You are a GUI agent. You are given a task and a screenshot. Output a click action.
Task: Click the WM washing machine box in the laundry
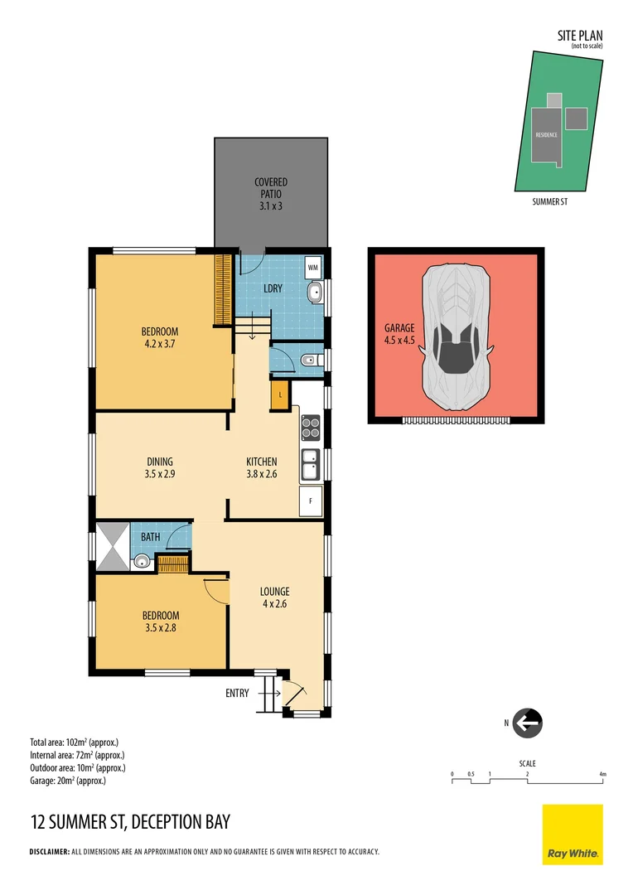coord(312,268)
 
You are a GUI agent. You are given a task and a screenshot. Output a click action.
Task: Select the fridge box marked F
coord(311,501)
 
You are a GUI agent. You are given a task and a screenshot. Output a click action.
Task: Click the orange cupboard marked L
coord(281,394)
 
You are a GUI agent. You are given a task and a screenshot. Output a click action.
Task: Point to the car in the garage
coord(455,337)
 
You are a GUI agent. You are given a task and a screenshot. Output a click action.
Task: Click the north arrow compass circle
coord(527,723)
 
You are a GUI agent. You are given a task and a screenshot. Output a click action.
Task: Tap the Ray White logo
coord(573,835)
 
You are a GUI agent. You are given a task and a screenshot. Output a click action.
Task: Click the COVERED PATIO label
coord(271,187)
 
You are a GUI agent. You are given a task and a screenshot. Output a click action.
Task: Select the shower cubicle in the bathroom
coord(113,546)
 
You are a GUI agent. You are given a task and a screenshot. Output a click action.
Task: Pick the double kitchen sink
coord(311,465)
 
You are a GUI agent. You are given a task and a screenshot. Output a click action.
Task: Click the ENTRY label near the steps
coord(237,693)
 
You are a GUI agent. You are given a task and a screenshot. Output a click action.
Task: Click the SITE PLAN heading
coord(580,36)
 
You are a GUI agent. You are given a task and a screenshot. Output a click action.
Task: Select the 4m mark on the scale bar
coord(603,774)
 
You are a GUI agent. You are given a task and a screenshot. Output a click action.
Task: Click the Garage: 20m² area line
coord(68,781)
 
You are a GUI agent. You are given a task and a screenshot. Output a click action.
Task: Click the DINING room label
coord(160,462)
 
